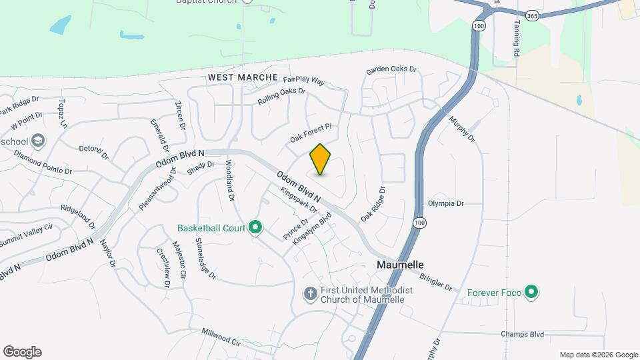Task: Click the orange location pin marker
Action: tap(321, 159)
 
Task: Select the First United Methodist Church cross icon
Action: tap(310, 293)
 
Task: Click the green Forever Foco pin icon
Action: tap(531, 292)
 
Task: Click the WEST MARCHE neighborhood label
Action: tap(243, 77)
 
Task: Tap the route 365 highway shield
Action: tap(531, 15)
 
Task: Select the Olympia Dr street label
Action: tap(445, 203)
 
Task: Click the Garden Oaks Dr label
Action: tap(391, 69)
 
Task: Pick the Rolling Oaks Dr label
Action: tap(281, 97)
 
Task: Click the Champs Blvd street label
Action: tap(524, 334)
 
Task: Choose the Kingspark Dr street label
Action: tap(298, 200)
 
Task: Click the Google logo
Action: tap(22, 351)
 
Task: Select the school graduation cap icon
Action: tap(38, 141)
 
